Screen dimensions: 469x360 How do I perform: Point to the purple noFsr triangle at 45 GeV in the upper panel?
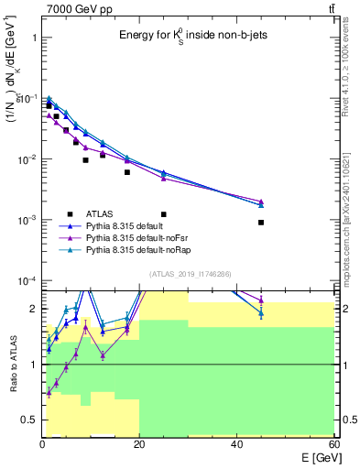tap(261, 202)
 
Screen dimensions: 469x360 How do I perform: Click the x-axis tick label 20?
tap(139, 444)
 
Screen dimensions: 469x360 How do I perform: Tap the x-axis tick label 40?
tap(237, 444)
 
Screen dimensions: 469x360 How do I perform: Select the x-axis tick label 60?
tap(334, 444)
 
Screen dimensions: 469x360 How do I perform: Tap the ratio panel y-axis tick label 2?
tap(33, 309)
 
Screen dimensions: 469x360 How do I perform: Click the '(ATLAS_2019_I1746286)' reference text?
tap(189, 274)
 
